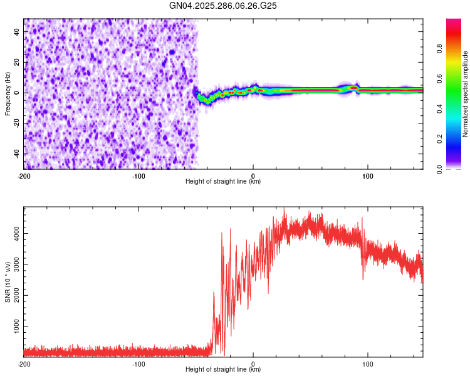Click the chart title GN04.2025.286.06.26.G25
224,6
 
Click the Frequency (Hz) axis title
8,94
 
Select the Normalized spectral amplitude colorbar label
466,94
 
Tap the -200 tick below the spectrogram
24,176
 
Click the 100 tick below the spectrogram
368,176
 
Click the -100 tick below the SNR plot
138,364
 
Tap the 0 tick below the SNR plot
253,364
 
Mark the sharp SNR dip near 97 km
364,278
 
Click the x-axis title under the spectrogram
223,182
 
